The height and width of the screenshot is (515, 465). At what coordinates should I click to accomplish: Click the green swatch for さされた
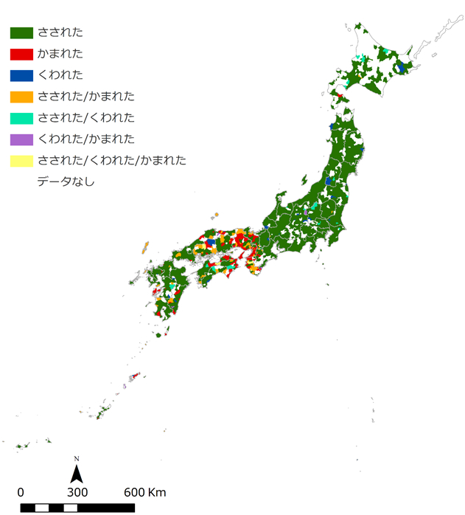pyautogui.click(x=21, y=32)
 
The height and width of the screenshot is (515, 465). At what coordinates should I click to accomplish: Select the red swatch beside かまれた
pyautogui.click(x=21, y=54)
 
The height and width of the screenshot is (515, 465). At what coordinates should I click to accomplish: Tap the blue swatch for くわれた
pyautogui.click(x=21, y=75)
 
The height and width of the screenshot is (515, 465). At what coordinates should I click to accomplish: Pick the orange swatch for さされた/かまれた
pyautogui.click(x=21, y=97)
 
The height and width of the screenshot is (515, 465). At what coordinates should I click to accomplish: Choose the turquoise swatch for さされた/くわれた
pyautogui.click(x=21, y=118)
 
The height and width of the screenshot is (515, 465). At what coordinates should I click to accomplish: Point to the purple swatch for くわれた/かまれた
pyautogui.click(x=21, y=139)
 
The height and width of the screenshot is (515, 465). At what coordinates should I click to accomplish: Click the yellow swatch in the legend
pyautogui.click(x=21, y=160)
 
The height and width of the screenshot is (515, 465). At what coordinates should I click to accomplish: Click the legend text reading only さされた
pyautogui.click(x=60, y=32)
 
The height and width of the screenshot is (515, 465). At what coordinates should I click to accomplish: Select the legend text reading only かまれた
pyautogui.click(x=60, y=54)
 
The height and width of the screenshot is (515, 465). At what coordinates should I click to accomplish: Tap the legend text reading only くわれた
pyautogui.click(x=60, y=75)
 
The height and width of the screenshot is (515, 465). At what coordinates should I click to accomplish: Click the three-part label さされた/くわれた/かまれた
pyautogui.click(x=111, y=160)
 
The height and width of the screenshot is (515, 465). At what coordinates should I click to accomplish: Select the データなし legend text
pyautogui.click(x=66, y=182)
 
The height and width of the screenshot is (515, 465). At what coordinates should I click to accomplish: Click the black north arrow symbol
pyautogui.click(x=76, y=471)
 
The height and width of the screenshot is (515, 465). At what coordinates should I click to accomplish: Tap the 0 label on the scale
pyautogui.click(x=21, y=492)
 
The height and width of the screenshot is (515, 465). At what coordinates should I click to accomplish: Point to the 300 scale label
pyautogui.click(x=77, y=492)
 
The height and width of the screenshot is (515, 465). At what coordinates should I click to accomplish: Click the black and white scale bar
pyautogui.click(x=77, y=508)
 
